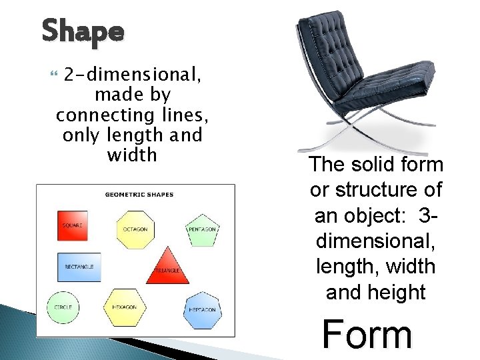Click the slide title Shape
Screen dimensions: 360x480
pyautogui.click(x=83, y=31)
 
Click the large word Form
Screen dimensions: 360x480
pyautogui.click(x=367, y=334)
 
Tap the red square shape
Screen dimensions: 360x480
pyautogui.click(x=72, y=225)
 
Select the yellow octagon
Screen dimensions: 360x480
pyautogui.click(x=135, y=229)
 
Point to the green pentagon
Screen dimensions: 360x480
pyautogui.click(x=202, y=229)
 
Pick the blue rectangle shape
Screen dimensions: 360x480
pyautogui.click(x=79, y=267)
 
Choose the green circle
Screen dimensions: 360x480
pyautogui.click(x=63, y=307)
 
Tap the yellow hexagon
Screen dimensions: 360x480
pyautogui.click(x=125, y=307)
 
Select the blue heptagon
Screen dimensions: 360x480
pyautogui.click(x=202, y=309)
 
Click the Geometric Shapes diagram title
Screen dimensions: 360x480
pyautogui.click(x=139, y=195)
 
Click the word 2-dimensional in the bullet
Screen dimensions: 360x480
pyautogui.click(x=131, y=75)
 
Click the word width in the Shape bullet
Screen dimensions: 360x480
pyautogui.click(x=132, y=155)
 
